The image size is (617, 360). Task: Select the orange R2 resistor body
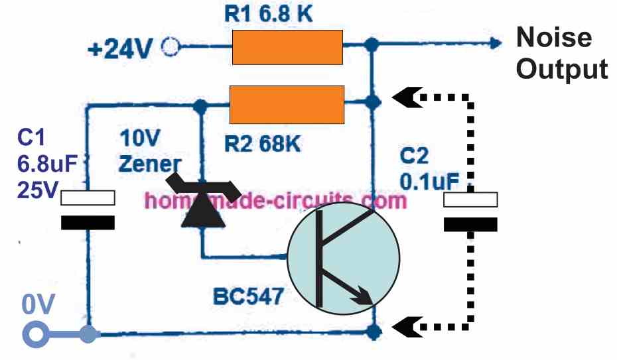(287, 105)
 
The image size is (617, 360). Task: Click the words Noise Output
(561, 53)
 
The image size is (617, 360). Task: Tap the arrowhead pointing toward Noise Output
(494, 44)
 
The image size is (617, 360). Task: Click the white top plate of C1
(88, 198)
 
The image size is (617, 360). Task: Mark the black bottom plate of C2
(470, 224)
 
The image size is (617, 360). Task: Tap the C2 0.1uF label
(432, 168)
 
